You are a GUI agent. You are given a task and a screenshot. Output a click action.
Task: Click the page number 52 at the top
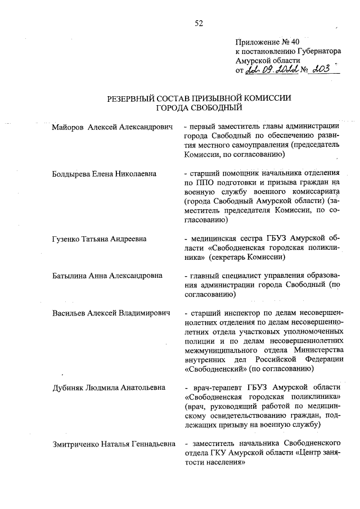click(199, 23)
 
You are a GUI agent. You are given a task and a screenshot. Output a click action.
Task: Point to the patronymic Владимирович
click(144, 313)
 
